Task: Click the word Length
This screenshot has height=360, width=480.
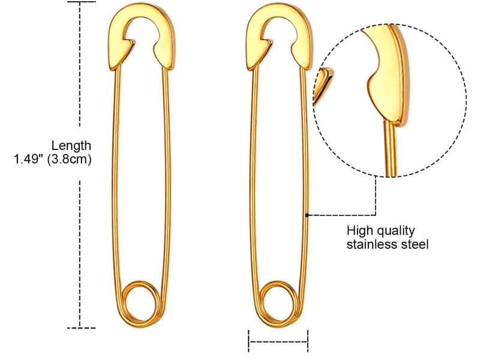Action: pos(71,145)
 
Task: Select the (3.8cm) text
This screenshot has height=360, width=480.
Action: pos(73,160)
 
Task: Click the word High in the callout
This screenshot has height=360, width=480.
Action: pos(359,230)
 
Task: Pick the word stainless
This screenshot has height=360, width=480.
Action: pos(371,245)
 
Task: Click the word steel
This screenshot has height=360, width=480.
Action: pos(415,245)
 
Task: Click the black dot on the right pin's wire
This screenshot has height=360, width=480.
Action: pos(307,215)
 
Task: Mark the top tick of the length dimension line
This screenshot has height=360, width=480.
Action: pos(81,2)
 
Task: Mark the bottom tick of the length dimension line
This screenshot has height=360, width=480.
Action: pos(81,328)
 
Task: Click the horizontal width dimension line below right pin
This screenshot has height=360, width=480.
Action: pos(278,342)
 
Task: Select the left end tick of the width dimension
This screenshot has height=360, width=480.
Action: pos(249,342)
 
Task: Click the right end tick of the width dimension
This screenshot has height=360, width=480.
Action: pos(308,342)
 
